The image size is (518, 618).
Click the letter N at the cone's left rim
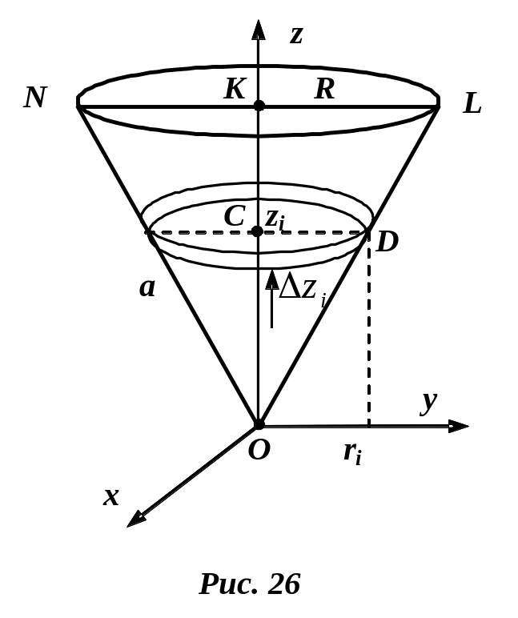pos(34,97)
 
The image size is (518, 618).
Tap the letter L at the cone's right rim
pos(472,103)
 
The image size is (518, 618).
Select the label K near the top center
pos(235,90)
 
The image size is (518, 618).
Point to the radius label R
pos(324,90)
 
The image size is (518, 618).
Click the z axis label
pos(295,34)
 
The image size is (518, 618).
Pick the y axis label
pos(430,402)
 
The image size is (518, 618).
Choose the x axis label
pos(111,496)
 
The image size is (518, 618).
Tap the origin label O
pos(258,450)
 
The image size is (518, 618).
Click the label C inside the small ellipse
pos(234,216)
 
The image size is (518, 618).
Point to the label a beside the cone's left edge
pos(147,287)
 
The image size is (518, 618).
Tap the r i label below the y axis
pos(352,452)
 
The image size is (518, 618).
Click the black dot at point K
pos(258,105)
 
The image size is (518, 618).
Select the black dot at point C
pos(257,232)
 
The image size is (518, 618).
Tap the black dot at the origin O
pos(258,423)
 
